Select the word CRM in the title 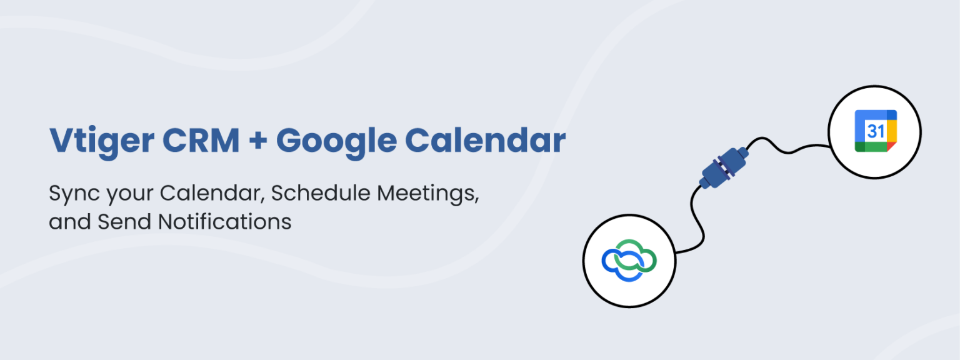[x=201, y=140]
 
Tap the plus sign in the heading [x=258, y=141]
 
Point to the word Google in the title [x=336, y=142]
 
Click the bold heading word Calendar [x=485, y=140]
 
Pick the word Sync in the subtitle [x=74, y=194]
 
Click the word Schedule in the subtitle [x=321, y=193]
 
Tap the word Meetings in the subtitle [x=428, y=194]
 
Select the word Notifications [x=224, y=222]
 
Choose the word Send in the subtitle [x=124, y=222]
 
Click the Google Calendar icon [x=876, y=131]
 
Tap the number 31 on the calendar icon [x=875, y=131]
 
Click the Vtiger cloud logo [x=629, y=260]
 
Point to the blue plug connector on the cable [x=723, y=167]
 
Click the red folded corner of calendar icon [x=891, y=147]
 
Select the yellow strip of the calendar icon [x=892, y=131]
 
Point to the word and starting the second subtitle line [x=69, y=222]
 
